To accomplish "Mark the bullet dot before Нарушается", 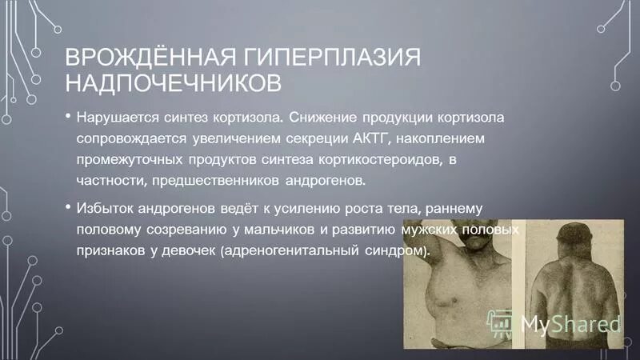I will coord(67,117).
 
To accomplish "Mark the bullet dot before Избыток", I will coord(67,207).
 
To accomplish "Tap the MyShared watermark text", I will coord(569,324).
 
